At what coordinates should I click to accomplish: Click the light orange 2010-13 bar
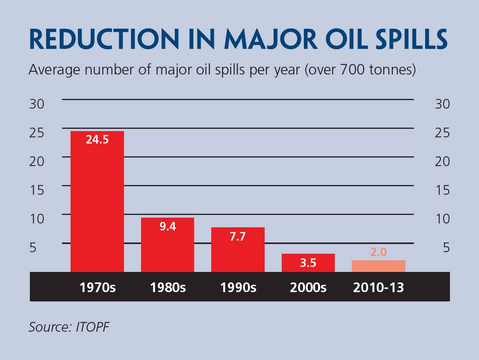(378, 266)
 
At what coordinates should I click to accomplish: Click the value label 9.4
(167, 227)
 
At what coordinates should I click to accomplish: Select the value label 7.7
(238, 236)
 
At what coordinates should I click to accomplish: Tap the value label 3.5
(308, 263)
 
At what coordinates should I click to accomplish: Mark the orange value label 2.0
(378, 252)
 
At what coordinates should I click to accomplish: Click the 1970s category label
(97, 288)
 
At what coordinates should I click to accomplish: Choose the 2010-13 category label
(378, 288)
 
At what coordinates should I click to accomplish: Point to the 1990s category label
(238, 288)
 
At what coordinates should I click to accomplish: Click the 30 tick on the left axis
(37, 104)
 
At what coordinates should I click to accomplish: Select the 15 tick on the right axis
(442, 190)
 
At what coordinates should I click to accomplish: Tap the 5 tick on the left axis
(33, 247)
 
